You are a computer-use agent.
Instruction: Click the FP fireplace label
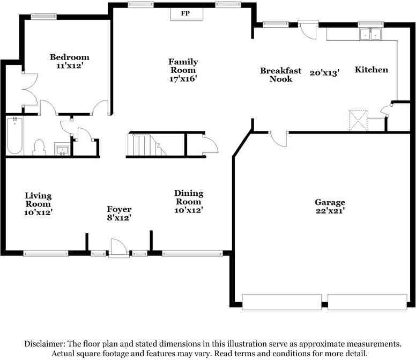tap(185, 13)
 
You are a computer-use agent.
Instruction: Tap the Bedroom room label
tap(70, 57)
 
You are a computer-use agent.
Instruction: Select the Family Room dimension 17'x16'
tap(183, 79)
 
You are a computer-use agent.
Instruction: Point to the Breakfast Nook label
tap(281, 75)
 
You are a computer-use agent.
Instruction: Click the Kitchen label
tap(372, 70)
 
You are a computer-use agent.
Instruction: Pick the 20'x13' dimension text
tap(324, 73)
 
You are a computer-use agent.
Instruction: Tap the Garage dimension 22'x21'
tap(330, 211)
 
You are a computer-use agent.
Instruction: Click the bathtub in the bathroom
tap(14, 136)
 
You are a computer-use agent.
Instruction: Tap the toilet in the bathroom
tap(39, 148)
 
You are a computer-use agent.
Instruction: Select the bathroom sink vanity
tap(62, 149)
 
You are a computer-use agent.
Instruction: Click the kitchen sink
tap(370, 34)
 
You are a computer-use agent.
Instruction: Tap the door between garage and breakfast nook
tap(278, 139)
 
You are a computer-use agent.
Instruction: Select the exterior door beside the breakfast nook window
tap(308, 30)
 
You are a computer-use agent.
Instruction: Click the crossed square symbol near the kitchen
tap(358, 120)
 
